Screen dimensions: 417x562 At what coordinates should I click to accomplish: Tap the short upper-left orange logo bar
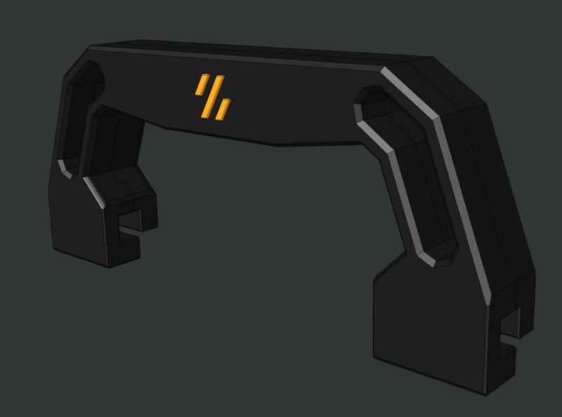[201, 85]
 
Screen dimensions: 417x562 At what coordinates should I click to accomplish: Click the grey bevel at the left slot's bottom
[65, 168]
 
